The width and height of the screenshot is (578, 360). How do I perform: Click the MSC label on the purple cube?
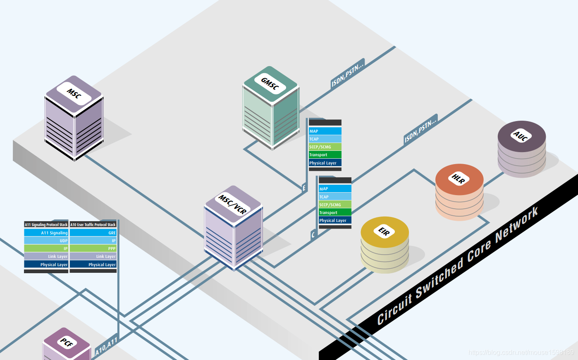tap(74, 94)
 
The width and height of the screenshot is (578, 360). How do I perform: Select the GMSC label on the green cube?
tap(270, 84)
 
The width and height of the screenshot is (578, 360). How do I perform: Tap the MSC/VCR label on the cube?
tap(233, 204)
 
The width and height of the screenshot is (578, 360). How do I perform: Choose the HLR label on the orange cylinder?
tap(459, 179)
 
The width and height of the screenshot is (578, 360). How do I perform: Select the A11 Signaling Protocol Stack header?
tap(46, 225)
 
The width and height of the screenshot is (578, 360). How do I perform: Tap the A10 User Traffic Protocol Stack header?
tap(93, 225)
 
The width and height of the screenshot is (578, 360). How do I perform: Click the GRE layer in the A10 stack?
tap(93, 233)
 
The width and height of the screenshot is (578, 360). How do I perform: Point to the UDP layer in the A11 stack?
tap(46, 241)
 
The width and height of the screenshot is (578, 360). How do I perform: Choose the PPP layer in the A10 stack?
tap(93, 248)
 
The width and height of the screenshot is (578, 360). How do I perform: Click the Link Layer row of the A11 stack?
tap(46, 256)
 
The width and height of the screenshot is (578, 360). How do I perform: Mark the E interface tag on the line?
tap(304, 188)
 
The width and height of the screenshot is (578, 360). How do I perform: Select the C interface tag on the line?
tap(313, 235)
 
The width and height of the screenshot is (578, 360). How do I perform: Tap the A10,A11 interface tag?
tap(106, 346)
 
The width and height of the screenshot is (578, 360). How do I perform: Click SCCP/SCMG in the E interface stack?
tap(325, 147)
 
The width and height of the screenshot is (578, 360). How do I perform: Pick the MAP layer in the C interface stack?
tap(335, 189)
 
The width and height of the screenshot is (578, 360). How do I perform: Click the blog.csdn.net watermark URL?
tap(521, 352)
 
